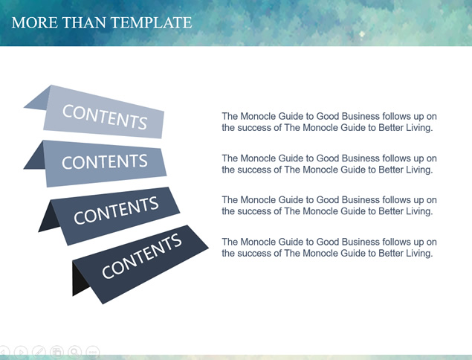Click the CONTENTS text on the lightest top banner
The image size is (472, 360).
105,117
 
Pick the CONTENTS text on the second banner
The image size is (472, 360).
105,161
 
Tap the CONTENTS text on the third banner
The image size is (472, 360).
116,210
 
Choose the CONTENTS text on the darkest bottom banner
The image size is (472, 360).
142,256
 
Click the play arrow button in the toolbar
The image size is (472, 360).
21,352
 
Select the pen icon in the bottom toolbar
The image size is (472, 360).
39,352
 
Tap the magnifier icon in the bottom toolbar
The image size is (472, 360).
74,352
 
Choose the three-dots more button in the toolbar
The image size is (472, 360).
92,352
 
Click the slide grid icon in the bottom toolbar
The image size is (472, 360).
56,352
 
